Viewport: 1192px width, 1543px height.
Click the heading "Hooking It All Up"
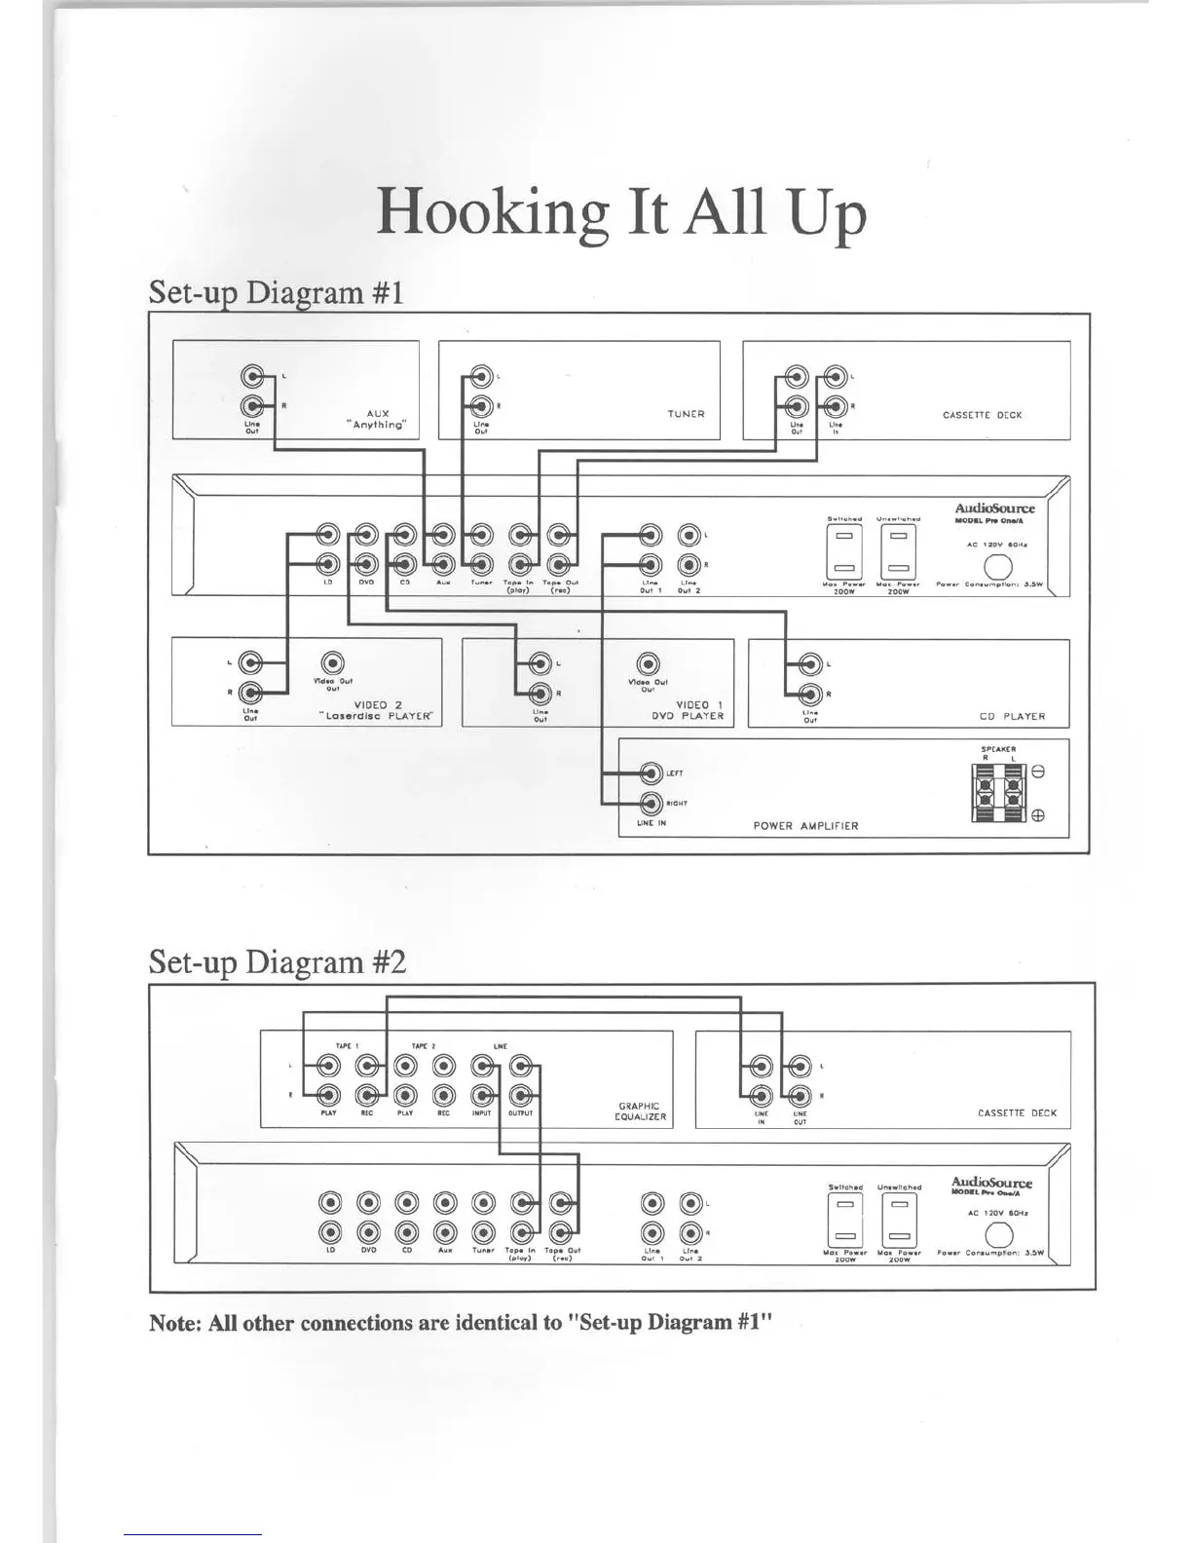pos(620,212)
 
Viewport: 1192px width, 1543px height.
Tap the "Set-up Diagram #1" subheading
pos(276,292)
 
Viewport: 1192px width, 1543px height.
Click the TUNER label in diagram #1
pos(686,414)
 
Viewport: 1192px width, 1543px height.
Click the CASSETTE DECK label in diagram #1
pos(982,415)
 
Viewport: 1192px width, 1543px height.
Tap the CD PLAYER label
pos(1012,716)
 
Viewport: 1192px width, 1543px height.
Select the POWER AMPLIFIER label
pos(805,825)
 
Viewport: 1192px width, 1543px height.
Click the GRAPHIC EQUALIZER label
pos(640,1111)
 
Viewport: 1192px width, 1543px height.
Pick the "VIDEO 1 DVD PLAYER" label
pos(688,710)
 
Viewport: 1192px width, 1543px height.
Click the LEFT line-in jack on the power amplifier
pos(652,773)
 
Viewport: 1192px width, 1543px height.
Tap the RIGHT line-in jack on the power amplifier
pos(652,804)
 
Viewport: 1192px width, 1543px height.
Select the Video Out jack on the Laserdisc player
pos(332,662)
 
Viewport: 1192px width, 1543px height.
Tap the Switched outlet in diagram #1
pos(844,552)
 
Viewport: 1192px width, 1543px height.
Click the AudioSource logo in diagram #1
pos(994,508)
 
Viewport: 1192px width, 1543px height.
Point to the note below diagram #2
pos(461,1323)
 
